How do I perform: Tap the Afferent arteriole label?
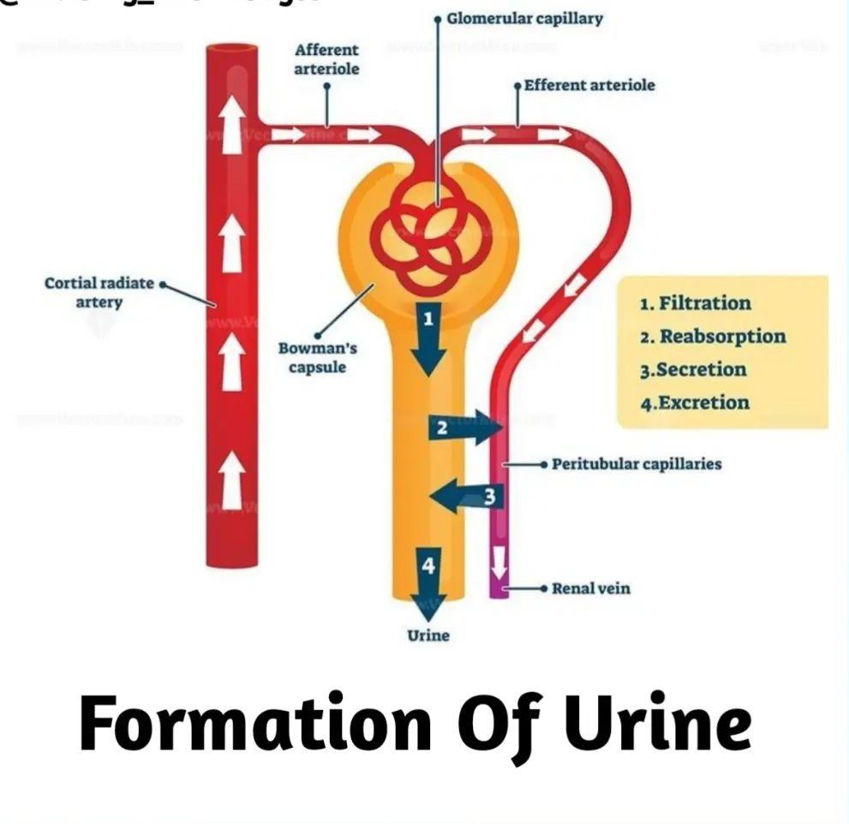[326, 59]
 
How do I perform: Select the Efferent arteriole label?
[589, 86]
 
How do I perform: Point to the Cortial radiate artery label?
[99, 292]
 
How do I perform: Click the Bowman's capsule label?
[318, 358]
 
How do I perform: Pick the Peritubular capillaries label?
[637, 464]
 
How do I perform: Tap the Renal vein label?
[591, 588]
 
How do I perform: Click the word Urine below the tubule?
[427, 636]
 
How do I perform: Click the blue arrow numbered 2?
[463, 427]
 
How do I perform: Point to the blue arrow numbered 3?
[463, 495]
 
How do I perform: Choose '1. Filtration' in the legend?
[695, 303]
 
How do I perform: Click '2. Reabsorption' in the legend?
[712, 337]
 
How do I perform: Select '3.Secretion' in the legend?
[693, 370]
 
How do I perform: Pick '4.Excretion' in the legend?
[695, 403]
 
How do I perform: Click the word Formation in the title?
[255, 724]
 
